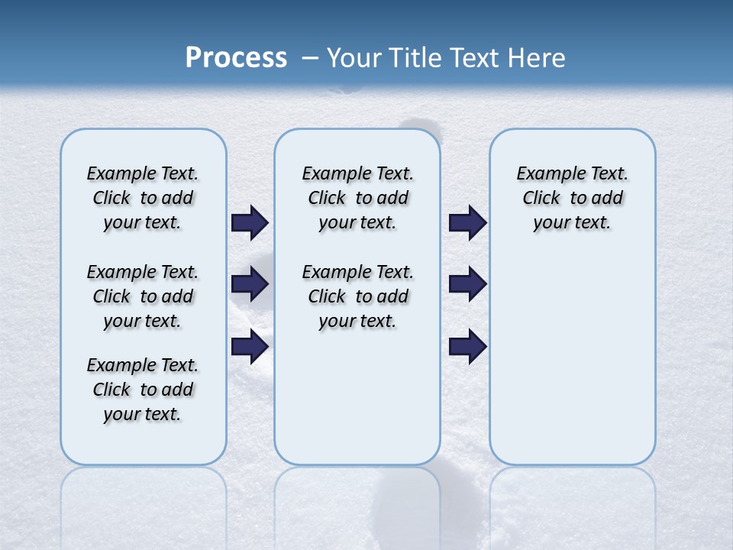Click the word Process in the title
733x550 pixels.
pos(236,58)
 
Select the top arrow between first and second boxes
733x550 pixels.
pos(250,222)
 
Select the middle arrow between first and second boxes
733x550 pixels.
pos(250,284)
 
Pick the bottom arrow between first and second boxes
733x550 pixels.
pos(250,347)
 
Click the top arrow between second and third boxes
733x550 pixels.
pos(467,222)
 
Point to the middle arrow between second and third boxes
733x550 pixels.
pos(467,284)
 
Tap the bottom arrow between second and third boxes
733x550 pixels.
pos(467,347)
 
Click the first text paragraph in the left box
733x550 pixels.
pos(143,198)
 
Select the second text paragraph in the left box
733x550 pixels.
pos(143,296)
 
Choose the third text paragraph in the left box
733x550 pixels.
pos(143,390)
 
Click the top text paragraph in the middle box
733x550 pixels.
pos(357,198)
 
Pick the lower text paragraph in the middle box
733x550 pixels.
pos(357,296)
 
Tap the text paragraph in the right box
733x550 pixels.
pos(572,198)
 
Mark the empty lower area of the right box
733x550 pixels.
pos(572,359)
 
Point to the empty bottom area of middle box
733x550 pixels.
pos(357,405)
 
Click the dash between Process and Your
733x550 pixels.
pos(311,58)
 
